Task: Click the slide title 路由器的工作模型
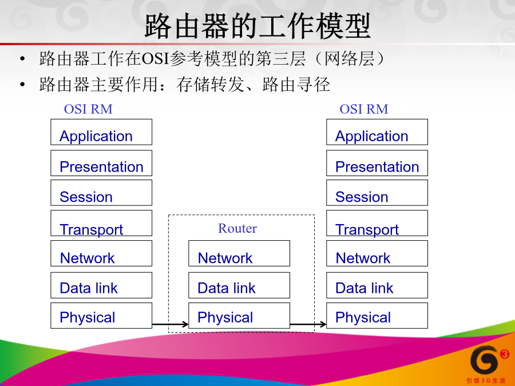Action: (258, 26)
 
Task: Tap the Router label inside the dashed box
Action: (237, 228)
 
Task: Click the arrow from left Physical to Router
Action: (170, 324)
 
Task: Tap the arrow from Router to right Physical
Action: (308, 324)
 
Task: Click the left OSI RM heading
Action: (88, 109)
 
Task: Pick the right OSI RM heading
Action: (364, 109)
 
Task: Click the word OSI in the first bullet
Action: (155, 59)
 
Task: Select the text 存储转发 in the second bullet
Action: (210, 85)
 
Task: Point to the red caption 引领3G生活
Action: (486, 381)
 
